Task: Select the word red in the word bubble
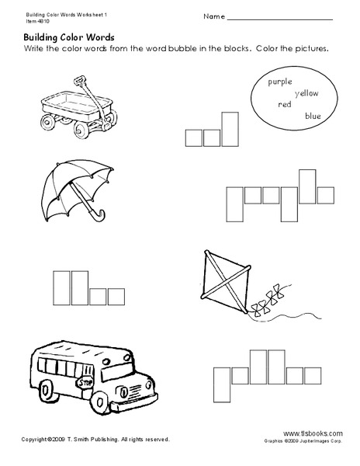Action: tap(285, 104)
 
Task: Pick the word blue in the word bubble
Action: tap(313, 115)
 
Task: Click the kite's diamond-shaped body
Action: tap(222, 283)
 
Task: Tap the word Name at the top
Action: tap(215, 16)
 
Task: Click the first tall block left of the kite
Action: tap(58, 286)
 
